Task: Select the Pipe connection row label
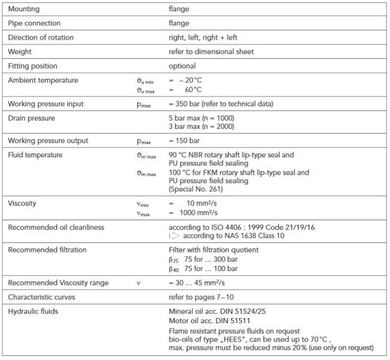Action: pyautogui.click(x=34, y=24)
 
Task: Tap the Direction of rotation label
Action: pyautogui.click(x=40, y=38)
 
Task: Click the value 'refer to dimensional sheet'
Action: pyautogui.click(x=211, y=52)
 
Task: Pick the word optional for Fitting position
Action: pyautogui.click(x=182, y=66)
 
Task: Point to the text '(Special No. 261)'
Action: pyautogui.click(x=196, y=190)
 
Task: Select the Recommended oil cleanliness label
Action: pyautogui.click(x=56, y=227)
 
